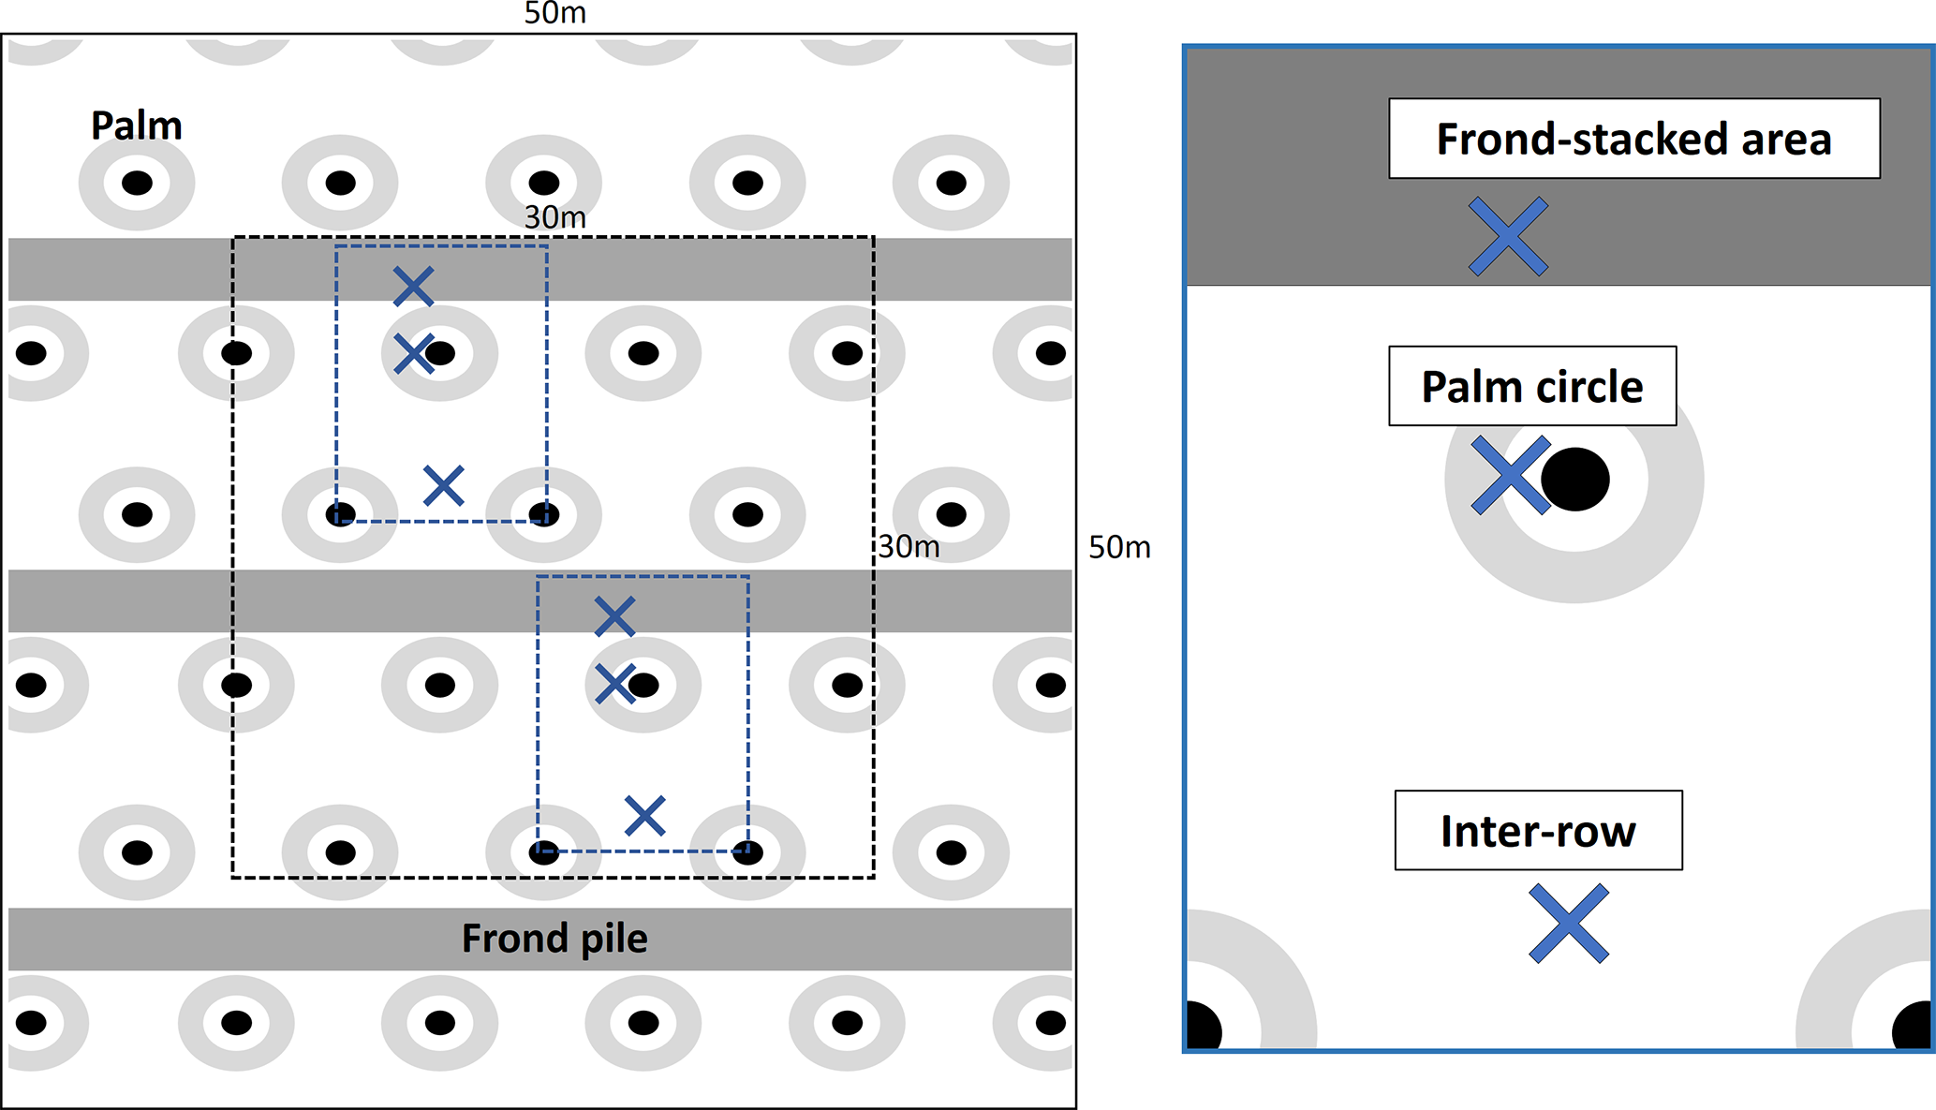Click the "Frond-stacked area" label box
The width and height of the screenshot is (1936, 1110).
1633,139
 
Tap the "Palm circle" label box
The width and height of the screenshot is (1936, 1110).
1531,386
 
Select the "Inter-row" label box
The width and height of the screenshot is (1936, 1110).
1538,831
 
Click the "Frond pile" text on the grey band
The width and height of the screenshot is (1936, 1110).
554,939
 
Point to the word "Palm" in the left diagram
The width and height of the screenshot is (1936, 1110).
137,126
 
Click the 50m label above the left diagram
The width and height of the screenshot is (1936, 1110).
554,13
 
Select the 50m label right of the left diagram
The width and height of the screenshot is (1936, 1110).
1119,547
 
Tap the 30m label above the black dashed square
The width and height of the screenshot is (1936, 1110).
554,217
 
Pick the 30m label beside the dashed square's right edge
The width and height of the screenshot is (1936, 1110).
909,546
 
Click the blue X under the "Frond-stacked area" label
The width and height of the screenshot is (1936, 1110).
1508,236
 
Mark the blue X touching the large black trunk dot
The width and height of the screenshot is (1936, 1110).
1510,476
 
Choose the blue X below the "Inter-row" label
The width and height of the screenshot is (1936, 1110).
1569,924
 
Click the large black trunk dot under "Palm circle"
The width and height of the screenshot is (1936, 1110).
1575,480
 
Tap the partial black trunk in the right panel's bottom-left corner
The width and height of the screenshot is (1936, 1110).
1203,1028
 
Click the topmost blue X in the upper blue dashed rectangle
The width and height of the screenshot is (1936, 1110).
413,287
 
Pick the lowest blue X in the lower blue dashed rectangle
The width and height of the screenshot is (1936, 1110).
644,816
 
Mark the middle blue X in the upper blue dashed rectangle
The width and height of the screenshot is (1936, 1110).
413,354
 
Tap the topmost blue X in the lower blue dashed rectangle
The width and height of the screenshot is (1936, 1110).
614,616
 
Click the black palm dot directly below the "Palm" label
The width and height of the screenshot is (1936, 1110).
137,183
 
